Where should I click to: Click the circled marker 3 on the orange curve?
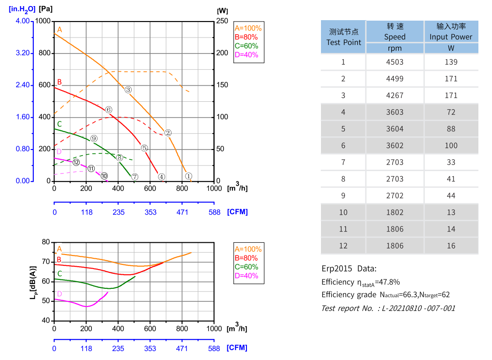[x=128, y=90]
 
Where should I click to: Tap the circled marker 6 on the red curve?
[x=109, y=110]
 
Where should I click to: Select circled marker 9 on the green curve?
[x=94, y=138]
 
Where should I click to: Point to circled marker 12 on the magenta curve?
[x=76, y=162]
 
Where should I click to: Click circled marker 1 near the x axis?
[x=188, y=176]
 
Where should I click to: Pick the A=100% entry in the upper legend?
[x=248, y=28]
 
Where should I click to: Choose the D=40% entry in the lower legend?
[x=246, y=276]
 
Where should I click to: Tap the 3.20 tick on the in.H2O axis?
[x=22, y=53]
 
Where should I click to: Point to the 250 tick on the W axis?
[x=222, y=22]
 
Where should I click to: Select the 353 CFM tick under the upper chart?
[x=150, y=212]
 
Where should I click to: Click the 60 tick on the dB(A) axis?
[x=46, y=281]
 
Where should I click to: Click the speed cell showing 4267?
[x=395, y=95]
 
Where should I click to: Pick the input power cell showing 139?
[x=451, y=62]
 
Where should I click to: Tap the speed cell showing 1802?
[x=395, y=212]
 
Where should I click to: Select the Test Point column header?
[x=343, y=37]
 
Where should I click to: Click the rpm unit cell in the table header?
[x=395, y=48]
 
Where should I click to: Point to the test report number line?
[x=388, y=308]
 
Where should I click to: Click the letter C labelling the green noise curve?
[x=60, y=273]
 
